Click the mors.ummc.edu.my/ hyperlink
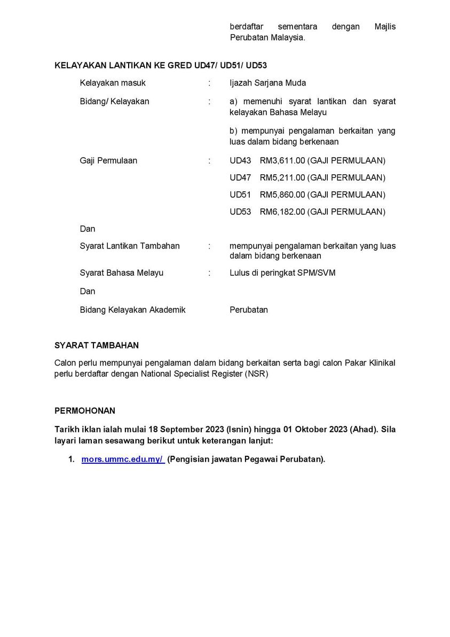pyautogui.click(x=123, y=460)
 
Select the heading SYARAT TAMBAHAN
pyautogui.click(x=97, y=346)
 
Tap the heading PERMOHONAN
pyautogui.click(x=84, y=410)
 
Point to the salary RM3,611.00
pyautogui.click(x=282, y=160)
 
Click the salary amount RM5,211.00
pyautogui.click(x=282, y=177)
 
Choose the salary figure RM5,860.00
pyautogui.click(x=282, y=195)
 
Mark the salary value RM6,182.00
pyautogui.click(x=282, y=212)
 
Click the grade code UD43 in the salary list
pyautogui.click(x=240, y=160)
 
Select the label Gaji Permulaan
pyautogui.click(x=108, y=160)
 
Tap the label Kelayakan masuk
pyautogui.click(x=113, y=83)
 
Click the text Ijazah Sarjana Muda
pyautogui.click(x=268, y=83)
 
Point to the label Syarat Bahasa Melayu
pyautogui.click(x=122, y=273)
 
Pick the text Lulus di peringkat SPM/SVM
pyautogui.click(x=282, y=273)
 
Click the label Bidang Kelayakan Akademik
pyautogui.click(x=132, y=309)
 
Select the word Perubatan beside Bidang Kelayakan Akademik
pyautogui.click(x=249, y=309)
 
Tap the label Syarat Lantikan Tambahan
pyautogui.click(x=130, y=246)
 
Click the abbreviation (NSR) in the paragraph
pyautogui.click(x=257, y=374)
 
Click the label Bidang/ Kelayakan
pyautogui.click(x=115, y=101)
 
